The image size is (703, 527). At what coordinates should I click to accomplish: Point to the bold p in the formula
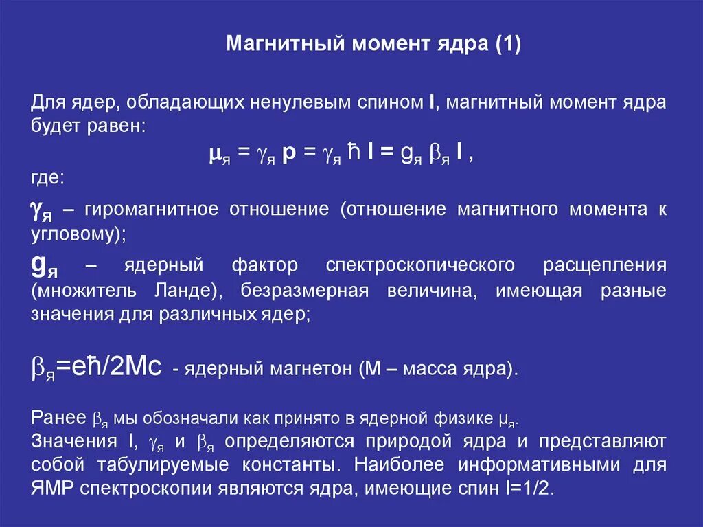(x=288, y=155)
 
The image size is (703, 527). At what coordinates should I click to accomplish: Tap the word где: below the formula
(x=48, y=179)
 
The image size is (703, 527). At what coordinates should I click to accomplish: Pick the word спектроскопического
(x=421, y=265)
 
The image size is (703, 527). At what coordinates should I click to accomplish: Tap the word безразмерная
(x=306, y=290)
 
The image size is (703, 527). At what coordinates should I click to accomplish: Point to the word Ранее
(x=57, y=418)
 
